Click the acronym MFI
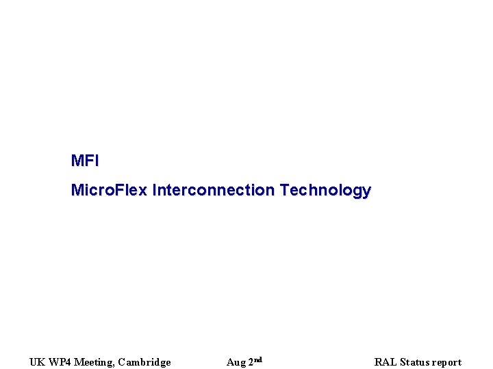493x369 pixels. (85, 161)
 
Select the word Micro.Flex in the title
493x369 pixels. (109, 190)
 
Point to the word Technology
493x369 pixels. (325, 191)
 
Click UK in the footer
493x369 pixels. (36, 362)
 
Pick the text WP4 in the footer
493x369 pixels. (59, 362)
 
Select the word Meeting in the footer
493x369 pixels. (93, 363)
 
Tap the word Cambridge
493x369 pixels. (144, 362)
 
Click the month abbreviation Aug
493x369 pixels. (236, 363)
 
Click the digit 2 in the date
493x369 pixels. (251, 362)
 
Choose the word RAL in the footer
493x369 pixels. (385, 362)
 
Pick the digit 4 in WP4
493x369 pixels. (67, 362)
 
